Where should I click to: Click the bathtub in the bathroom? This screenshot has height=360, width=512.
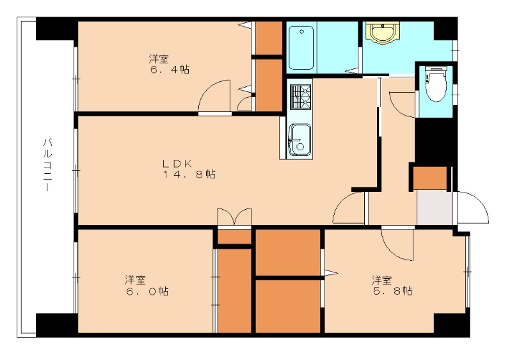tap(301, 48)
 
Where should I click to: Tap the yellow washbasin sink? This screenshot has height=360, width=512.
tap(383, 33)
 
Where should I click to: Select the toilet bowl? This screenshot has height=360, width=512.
tap(436, 84)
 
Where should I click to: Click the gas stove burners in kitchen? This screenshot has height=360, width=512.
tap(300, 97)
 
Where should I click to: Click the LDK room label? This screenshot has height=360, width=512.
tap(177, 163)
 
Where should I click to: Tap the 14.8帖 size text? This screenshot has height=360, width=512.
tap(189, 175)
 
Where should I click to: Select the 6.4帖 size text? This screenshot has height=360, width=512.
tap(170, 70)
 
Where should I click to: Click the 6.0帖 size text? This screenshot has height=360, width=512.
tap(147, 291)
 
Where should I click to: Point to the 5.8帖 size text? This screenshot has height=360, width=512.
tap(393, 290)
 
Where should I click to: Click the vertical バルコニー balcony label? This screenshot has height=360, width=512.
tap(48, 165)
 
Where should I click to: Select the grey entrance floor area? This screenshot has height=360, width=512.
tap(435, 208)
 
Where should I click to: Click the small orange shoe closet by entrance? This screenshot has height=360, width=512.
tap(430, 178)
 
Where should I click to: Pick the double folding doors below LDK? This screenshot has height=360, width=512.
tap(234, 216)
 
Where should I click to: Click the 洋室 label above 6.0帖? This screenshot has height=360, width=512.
tap(135, 280)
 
